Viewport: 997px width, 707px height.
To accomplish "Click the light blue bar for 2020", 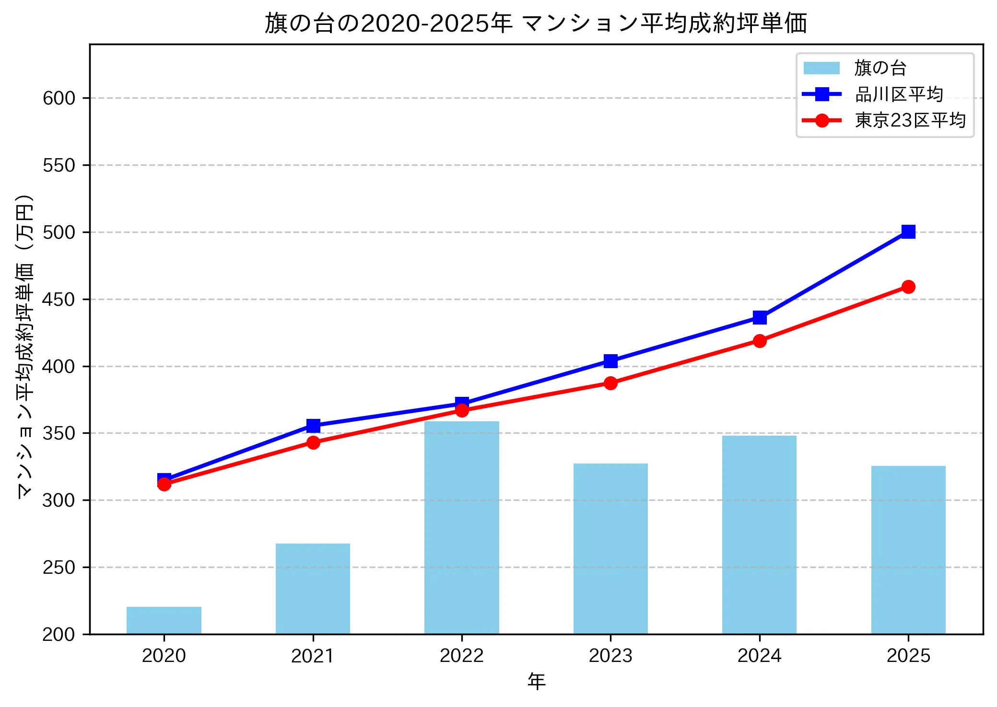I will click(164, 620).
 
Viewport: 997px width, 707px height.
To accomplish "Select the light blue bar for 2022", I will click(461, 527).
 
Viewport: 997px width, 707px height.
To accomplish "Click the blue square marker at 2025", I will click(908, 232).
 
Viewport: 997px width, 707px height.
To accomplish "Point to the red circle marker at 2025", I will click(908, 287).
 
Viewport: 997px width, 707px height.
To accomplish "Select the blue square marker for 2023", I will click(610, 361).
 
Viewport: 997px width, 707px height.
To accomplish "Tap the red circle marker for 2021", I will click(313, 442).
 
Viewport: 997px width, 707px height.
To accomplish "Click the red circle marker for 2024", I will click(759, 341).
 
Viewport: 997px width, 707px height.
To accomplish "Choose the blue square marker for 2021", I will click(313, 426).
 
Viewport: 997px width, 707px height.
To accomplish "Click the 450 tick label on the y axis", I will click(59, 300).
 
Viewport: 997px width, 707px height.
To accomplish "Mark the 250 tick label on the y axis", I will click(59, 568).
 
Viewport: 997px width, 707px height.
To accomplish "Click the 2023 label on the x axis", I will click(610, 656).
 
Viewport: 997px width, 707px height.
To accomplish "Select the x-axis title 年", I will click(536, 682).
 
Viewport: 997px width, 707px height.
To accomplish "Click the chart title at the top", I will click(536, 23).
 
